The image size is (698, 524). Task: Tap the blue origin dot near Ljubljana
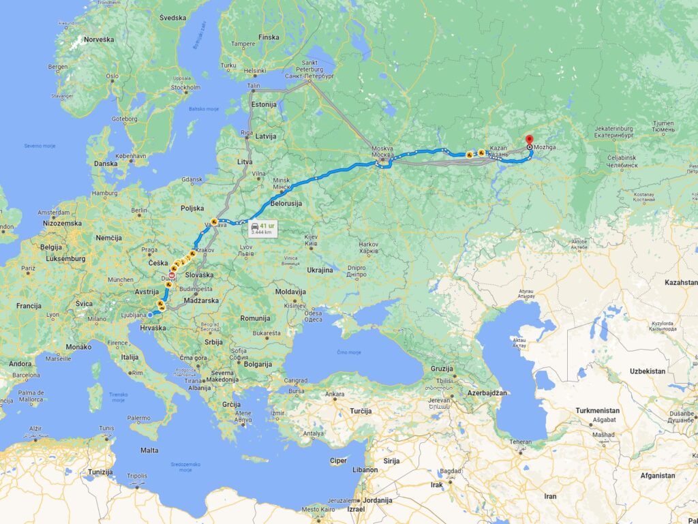pyautogui.click(x=150, y=315)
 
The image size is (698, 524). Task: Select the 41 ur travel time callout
pyautogui.click(x=262, y=228)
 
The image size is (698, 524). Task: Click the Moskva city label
pyautogui.click(x=383, y=151)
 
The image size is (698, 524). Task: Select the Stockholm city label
pyautogui.click(x=185, y=87)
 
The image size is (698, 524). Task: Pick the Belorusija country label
pyautogui.click(x=287, y=203)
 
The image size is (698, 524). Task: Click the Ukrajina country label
pyautogui.click(x=320, y=270)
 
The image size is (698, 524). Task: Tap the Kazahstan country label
pyautogui.click(x=681, y=282)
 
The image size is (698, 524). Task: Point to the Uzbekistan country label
pyautogui.click(x=628, y=371)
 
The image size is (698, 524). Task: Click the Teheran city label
pyautogui.click(x=521, y=442)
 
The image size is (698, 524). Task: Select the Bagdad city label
pyautogui.click(x=451, y=471)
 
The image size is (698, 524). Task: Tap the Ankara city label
pyautogui.click(x=335, y=394)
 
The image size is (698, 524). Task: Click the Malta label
pyautogui.click(x=149, y=450)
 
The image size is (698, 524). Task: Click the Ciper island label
pyautogui.click(x=339, y=461)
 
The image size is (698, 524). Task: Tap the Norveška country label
pyautogui.click(x=100, y=40)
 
